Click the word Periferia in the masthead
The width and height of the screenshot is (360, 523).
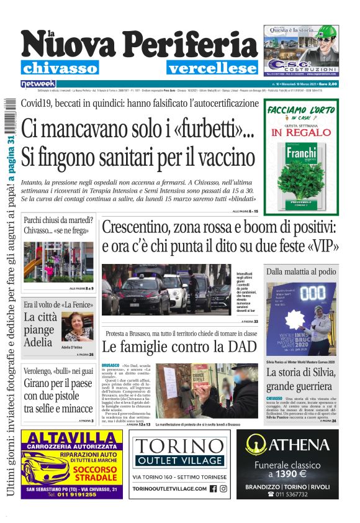pos(193,46)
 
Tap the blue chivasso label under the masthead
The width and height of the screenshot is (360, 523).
pos(60,68)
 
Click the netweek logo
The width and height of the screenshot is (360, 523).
pos(38,83)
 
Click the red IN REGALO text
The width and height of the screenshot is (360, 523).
pos(302,132)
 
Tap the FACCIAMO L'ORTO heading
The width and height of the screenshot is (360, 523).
pos(302,110)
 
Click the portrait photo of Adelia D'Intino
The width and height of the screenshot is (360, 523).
pos(77,326)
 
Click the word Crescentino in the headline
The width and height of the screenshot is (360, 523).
pos(140,228)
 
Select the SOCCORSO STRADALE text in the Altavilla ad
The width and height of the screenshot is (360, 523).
pos(98,475)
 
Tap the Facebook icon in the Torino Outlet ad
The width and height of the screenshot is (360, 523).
pos(213,489)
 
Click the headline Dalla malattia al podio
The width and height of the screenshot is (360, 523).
pos(301,271)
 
